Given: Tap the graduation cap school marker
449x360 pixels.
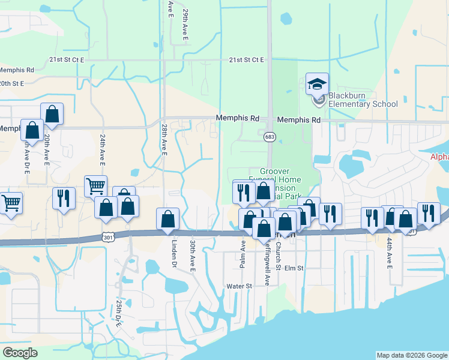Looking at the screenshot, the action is click(x=318, y=85).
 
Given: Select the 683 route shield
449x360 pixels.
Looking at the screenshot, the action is click(x=270, y=137).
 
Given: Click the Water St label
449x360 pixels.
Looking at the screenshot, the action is click(x=238, y=286).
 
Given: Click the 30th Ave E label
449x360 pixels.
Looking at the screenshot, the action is click(x=193, y=256).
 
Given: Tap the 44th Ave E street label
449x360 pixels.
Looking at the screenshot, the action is click(x=389, y=252).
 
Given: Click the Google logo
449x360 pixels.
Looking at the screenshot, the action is click(x=20, y=353).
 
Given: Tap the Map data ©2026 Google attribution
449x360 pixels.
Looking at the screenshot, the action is click(x=411, y=355).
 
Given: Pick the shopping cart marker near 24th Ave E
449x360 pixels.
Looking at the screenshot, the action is click(x=95, y=186).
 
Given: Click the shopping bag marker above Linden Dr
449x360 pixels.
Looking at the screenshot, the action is click(x=167, y=219).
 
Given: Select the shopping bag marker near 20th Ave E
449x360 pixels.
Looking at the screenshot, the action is click(x=52, y=113).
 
